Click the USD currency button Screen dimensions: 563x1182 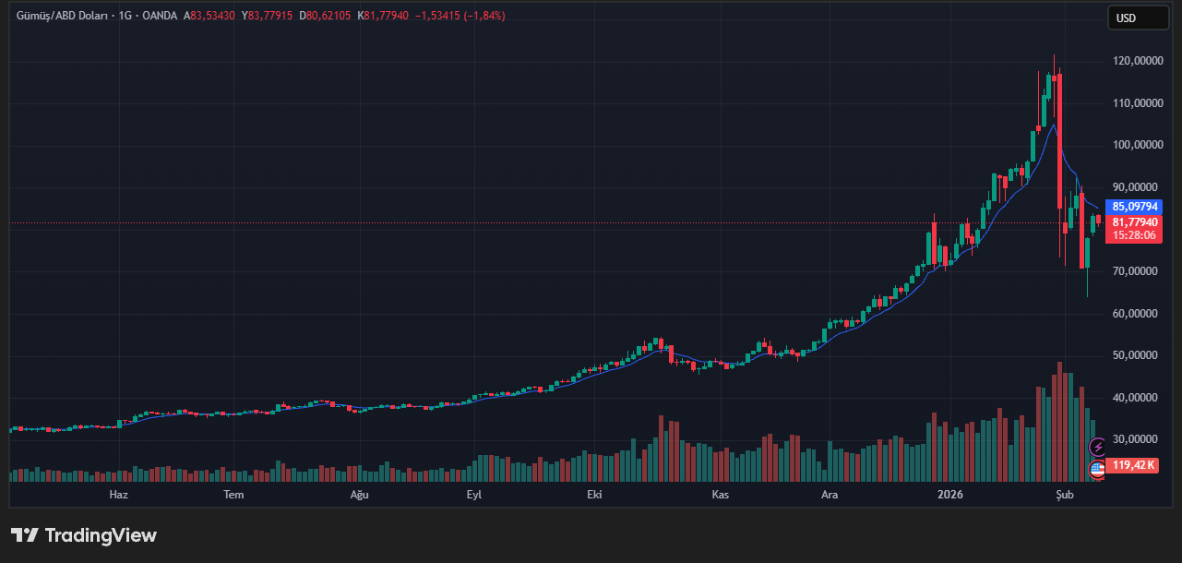tap(1137, 18)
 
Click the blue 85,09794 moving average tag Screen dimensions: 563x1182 tap(1135, 207)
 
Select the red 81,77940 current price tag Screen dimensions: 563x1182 tap(1135, 222)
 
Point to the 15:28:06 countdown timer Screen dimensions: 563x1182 tap(1135, 235)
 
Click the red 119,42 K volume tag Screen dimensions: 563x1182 tap(1134, 465)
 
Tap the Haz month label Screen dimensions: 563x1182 tap(118, 495)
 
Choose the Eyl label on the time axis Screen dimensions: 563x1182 tap(474, 495)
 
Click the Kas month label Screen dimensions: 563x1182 tap(721, 495)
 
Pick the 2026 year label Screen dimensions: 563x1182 tap(949, 495)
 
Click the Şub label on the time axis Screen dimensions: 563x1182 tap(1065, 495)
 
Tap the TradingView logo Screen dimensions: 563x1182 tap(84, 535)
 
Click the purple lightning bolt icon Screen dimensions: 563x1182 tap(1098, 448)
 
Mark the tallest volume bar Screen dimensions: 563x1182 tap(1059, 422)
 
